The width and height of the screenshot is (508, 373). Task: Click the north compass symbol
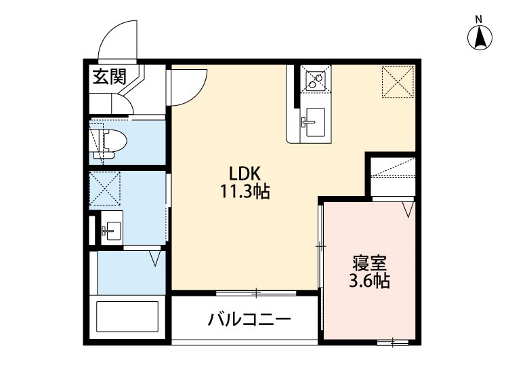480,37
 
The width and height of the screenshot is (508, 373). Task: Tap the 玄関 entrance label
109,77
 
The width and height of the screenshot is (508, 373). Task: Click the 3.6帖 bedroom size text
369,281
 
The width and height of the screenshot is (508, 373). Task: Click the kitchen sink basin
313,122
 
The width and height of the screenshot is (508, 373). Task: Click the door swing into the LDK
186,87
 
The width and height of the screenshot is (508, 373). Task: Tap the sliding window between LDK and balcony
256,294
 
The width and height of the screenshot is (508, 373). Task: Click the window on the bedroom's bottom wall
393,342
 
